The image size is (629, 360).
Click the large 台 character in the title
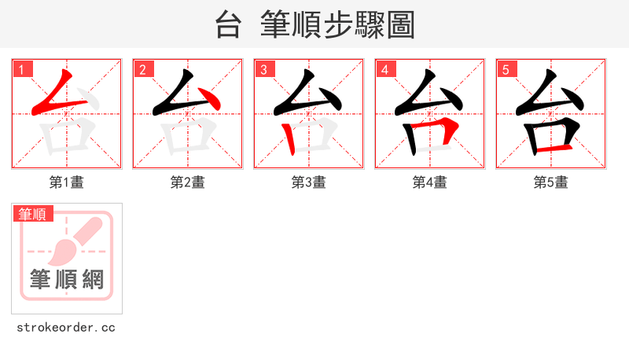[227, 25]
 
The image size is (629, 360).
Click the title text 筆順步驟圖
[338, 25]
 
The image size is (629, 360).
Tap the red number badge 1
[21, 69]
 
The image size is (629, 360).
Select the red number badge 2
[142, 69]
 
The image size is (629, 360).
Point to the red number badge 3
[263, 69]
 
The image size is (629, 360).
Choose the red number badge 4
[384, 69]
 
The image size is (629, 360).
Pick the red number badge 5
[506, 69]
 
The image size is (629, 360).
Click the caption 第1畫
[67, 182]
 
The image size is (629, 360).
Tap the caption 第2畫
[188, 182]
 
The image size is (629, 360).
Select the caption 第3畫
[309, 182]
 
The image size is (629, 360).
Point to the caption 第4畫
[430, 182]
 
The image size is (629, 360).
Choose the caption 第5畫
[551, 182]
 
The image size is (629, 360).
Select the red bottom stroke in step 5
[554, 147]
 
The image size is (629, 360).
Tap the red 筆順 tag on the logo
[32, 214]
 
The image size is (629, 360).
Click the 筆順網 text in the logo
[66, 279]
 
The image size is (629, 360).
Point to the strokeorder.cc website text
[66, 327]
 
